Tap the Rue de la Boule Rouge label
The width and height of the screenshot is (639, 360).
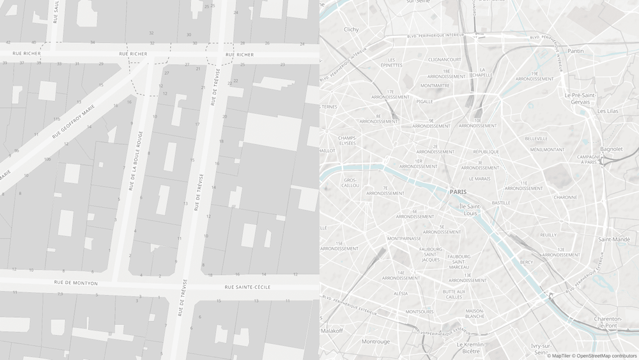coord(135,160)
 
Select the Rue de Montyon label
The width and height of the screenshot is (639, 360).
coord(76,283)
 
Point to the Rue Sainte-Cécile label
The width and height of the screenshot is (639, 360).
coord(247,287)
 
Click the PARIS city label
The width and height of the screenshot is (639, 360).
coord(458,192)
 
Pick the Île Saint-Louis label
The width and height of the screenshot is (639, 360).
coord(470,210)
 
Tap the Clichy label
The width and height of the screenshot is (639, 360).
coord(351,29)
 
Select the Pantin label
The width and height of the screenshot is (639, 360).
coord(576,51)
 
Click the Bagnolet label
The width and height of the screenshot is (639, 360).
coord(612,149)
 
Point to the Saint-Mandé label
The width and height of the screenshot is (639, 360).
coord(613,239)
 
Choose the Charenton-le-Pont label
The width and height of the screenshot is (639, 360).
coord(608,322)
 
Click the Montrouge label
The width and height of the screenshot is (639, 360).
coord(376,341)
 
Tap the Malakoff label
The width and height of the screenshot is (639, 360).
coord(332,331)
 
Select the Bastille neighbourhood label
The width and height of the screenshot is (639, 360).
coord(501,203)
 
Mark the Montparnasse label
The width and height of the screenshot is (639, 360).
coord(404,239)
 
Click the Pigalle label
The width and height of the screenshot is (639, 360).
coord(424,101)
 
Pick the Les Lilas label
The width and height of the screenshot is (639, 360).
coord(608,111)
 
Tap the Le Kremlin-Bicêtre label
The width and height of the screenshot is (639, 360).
coord(470,348)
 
